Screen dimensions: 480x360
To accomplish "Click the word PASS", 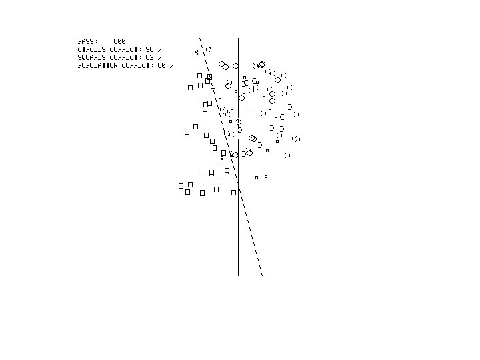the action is pos(87,41).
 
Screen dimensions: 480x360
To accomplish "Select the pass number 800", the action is pos(119,41).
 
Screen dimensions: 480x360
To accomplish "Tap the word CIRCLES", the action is pos(91,49).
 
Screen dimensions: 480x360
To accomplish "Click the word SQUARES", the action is pos(91,57).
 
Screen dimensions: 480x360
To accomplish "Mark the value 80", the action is pos(161,65).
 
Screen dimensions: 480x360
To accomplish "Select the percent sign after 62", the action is pos(160,57).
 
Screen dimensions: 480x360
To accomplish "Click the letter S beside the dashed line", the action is pos(196,52).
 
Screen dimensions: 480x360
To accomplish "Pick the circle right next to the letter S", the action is pos(208,49).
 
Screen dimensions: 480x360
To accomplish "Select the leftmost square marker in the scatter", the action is pos(181,186).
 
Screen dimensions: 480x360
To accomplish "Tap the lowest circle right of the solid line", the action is pos(287,155).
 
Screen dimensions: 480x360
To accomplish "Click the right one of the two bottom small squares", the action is pos(266,177).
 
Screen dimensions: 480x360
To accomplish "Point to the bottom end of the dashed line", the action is pos(262,275).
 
